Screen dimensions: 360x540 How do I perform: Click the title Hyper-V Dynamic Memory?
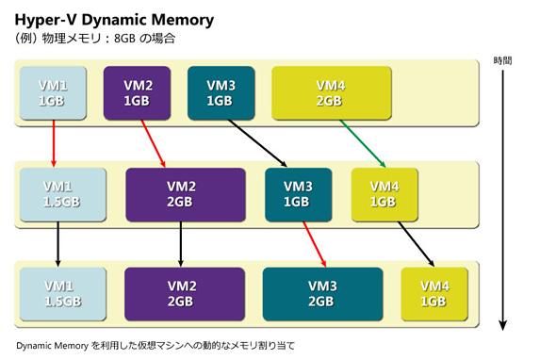pyautogui.click(x=114, y=19)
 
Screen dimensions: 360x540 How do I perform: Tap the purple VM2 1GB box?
pyautogui.click(x=136, y=92)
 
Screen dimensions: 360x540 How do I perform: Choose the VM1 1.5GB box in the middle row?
pyautogui.click(x=58, y=194)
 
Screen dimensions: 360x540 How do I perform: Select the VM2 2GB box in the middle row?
pyautogui.click(x=186, y=194)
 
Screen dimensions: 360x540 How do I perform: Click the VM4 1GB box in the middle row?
pyautogui.click(x=384, y=194)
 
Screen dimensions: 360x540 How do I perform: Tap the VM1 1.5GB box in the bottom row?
pyautogui.click(x=59, y=293)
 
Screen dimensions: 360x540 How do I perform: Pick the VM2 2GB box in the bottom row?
pyautogui.click(x=181, y=293)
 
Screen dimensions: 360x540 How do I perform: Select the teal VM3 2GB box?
pyautogui.click(x=322, y=293)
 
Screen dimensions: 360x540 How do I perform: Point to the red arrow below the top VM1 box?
pyautogui.click(x=53, y=143)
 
